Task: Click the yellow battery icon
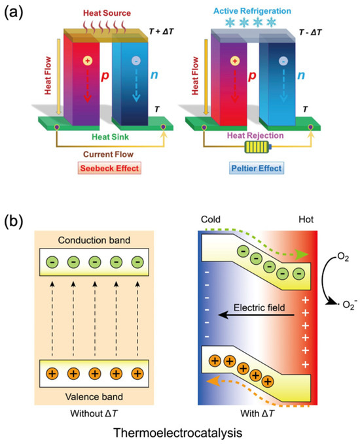click(x=257, y=148)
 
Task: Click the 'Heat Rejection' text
click(x=257, y=133)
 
